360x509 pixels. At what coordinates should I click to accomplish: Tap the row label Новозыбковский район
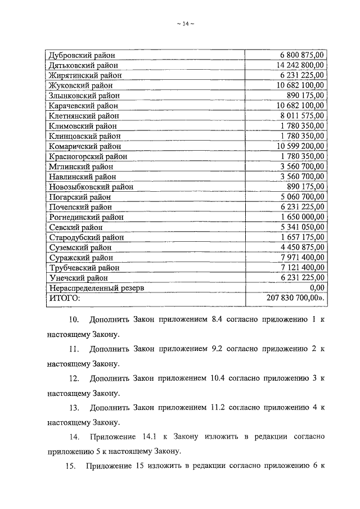[x=91, y=187]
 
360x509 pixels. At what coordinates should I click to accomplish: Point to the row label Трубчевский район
[x=84, y=268]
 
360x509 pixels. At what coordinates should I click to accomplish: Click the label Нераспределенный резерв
[x=96, y=288]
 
